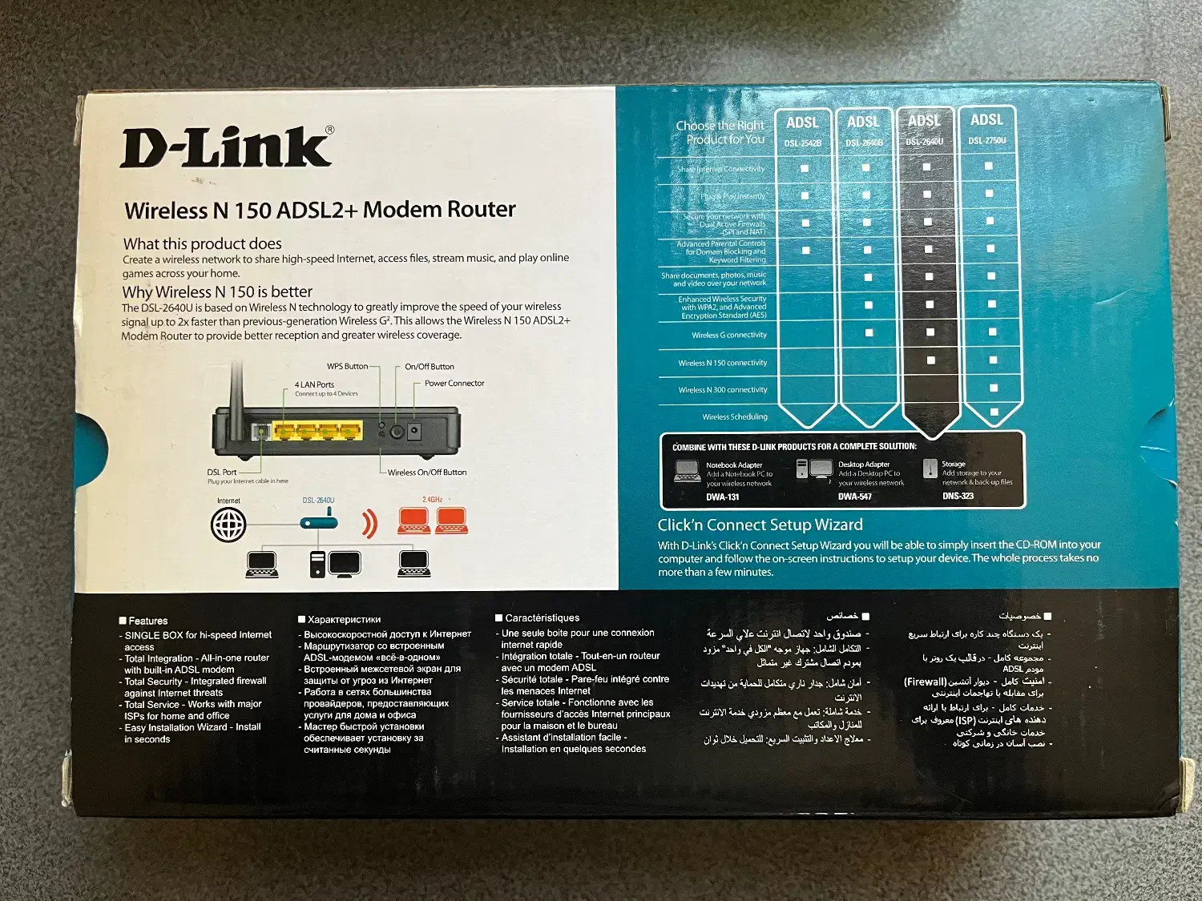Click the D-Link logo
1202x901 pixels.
click(227, 148)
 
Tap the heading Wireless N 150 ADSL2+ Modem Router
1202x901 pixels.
click(320, 210)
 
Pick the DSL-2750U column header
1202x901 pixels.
click(986, 130)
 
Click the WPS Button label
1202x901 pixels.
click(347, 367)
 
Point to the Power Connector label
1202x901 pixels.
click(454, 384)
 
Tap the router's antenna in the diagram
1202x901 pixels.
click(236, 392)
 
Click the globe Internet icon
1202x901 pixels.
click(228, 525)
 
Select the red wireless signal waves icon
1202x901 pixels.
click(369, 522)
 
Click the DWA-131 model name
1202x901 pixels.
click(722, 497)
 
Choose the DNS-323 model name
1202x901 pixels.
click(958, 497)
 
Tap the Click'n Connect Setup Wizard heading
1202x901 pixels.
click(760, 525)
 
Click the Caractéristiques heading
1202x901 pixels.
click(542, 618)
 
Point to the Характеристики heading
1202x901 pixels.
click(344, 620)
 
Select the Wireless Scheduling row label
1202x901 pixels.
click(734, 417)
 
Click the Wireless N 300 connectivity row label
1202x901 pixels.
click(722, 390)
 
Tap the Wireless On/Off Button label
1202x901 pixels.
click(426, 473)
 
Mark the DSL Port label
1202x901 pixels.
click(222, 473)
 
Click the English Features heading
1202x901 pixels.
click(147, 621)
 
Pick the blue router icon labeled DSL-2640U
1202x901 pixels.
click(318, 522)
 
